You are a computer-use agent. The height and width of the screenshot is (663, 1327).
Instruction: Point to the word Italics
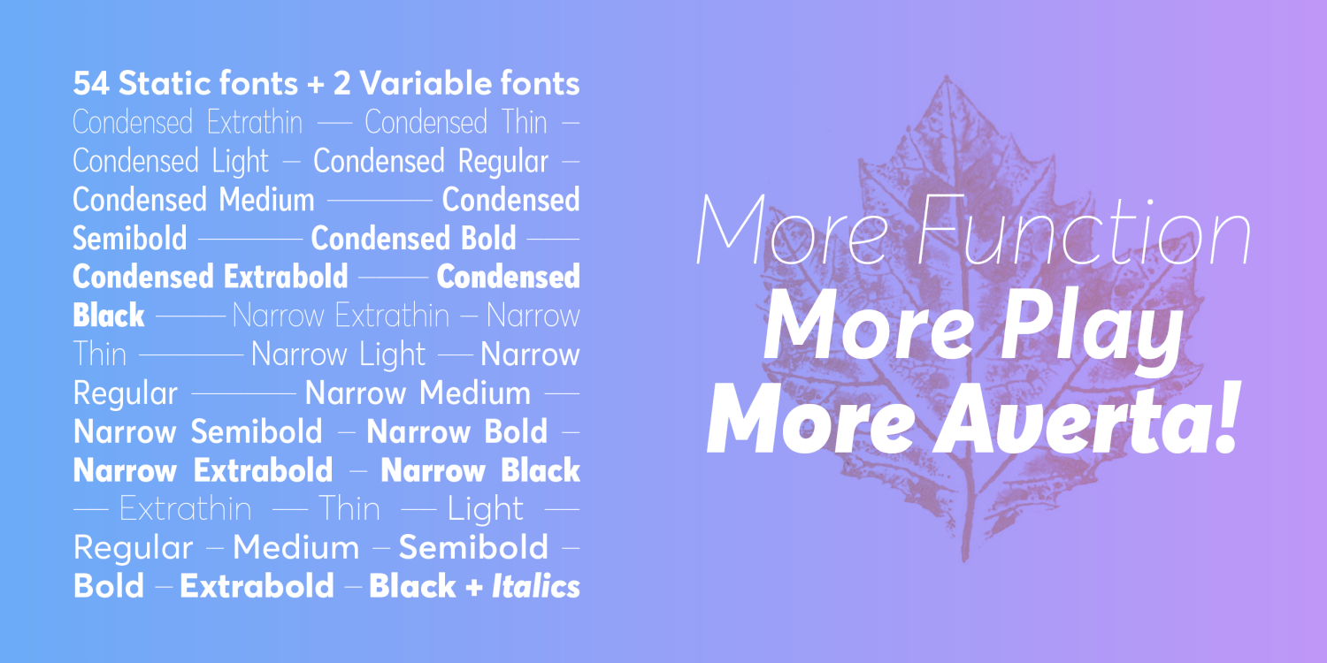tap(536, 586)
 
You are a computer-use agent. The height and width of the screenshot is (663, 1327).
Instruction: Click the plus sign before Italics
tap(475, 587)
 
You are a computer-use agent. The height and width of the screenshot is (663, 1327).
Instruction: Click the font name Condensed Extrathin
tap(188, 123)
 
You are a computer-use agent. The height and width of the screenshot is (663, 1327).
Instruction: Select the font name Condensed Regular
tap(431, 162)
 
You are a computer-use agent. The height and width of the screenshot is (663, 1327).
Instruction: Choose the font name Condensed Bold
tap(413, 239)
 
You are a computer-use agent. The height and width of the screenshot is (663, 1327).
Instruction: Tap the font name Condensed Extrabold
tap(211, 278)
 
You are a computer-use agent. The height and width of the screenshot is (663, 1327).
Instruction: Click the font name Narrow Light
tap(338, 355)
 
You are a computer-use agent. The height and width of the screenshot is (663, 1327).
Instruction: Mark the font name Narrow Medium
tap(418, 393)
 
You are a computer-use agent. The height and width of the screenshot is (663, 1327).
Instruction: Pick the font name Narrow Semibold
tap(198, 432)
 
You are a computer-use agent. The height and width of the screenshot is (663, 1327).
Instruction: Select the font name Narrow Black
tap(480, 471)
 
